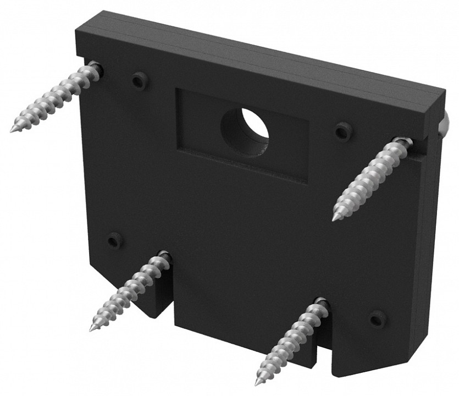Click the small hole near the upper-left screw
point(139,80)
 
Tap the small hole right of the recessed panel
point(344,131)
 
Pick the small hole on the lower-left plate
point(114,240)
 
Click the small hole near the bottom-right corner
point(377,318)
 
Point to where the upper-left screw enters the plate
point(97,68)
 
